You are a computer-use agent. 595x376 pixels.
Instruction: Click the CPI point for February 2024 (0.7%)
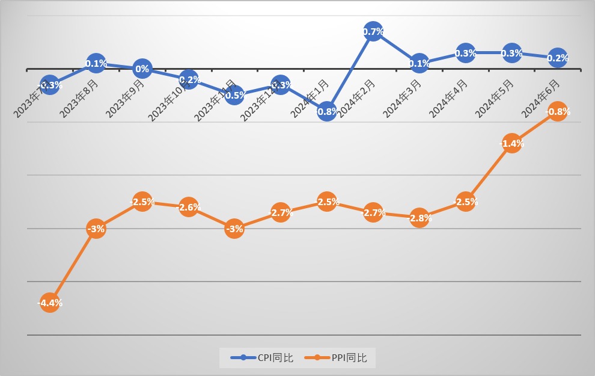(x=373, y=32)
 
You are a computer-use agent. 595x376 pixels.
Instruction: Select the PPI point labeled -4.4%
(x=50, y=303)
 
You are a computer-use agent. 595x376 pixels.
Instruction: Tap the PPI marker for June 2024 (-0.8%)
(x=557, y=111)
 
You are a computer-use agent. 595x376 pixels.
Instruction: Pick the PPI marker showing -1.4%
(x=511, y=143)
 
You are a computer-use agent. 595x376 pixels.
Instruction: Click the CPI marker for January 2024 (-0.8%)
(x=326, y=111)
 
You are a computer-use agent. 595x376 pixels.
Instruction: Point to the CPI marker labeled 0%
(x=142, y=69)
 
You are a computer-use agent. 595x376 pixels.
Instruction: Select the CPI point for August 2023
(x=96, y=63)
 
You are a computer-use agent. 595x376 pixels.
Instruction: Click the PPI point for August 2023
(x=96, y=229)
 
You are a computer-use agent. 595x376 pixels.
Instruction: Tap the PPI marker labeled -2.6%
(x=188, y=208)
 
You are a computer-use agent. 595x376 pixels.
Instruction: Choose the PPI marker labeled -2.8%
(x=420, y=218)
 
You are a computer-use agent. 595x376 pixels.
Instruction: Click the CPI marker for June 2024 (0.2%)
(x=557, y=58)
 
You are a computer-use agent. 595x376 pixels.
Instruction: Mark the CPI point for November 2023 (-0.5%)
(x=234, y=94)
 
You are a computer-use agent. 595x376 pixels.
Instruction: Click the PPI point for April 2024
(x=466, y=202)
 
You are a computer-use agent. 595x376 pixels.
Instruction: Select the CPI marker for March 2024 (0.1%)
(x=420, y=63)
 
